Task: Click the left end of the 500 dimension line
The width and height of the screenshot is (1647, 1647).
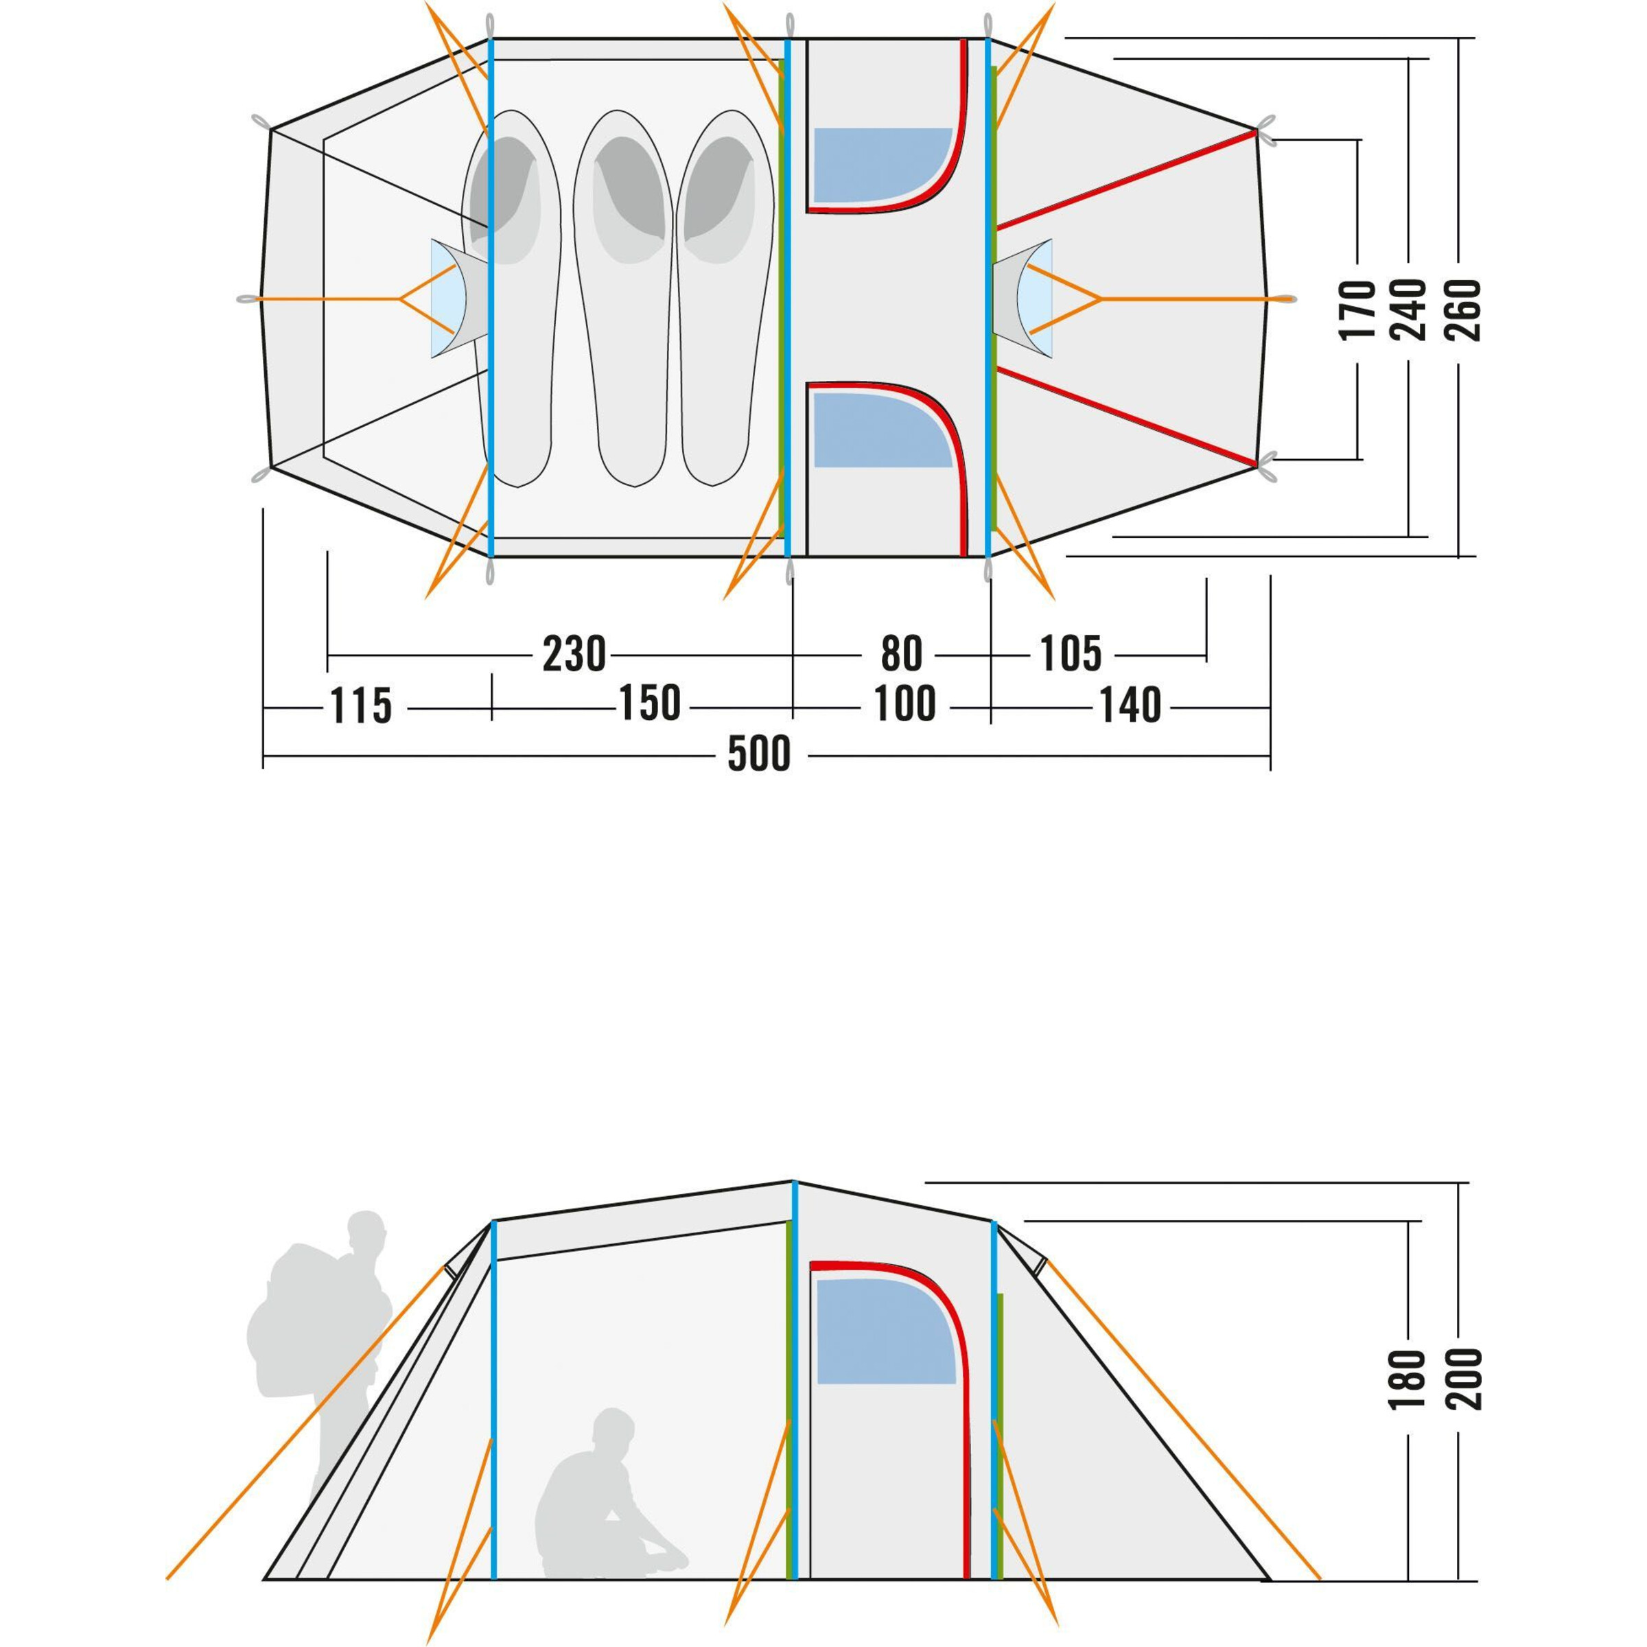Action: click(x=264, y=756)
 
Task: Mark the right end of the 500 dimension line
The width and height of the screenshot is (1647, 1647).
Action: click(x=1270, y=756)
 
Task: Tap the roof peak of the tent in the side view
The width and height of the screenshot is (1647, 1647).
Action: click(x=794, y=1180)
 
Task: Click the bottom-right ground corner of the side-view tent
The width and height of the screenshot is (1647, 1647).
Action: click(x=1270, y=1579)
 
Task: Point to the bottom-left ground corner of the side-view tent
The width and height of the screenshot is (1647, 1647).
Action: click(x=265, y=1579)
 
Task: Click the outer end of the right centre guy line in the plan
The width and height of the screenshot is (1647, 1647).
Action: click(x=1292, y=299)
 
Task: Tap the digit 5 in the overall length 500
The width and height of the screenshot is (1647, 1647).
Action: click(x=738, y=754)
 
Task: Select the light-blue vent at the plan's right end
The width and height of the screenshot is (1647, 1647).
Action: click(x=1036, y=299)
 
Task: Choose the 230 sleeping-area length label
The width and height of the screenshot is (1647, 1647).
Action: click(x=574, y=655)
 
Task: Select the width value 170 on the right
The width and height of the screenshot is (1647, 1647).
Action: click(x=1358, y=310)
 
